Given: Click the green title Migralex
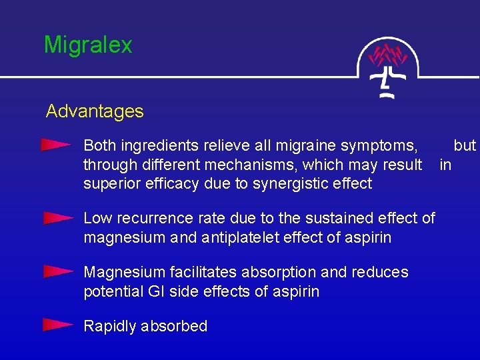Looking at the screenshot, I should point(88,45).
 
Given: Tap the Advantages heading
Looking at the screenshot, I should point(95,111).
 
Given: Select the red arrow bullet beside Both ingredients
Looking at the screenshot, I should point(56,145).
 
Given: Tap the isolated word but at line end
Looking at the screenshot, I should point(465,145).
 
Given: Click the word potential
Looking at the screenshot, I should point(111,291).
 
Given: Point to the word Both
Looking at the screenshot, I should point(100,145).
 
